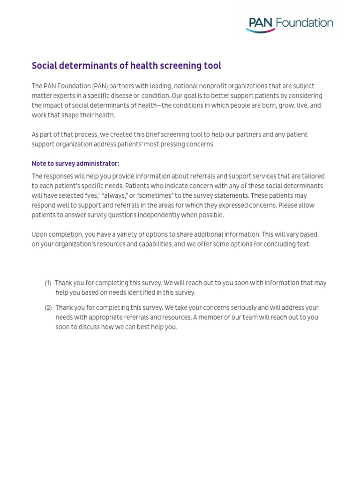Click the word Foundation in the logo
304,22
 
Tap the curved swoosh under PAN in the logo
261,30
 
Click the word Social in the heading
43,66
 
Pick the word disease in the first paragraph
118,96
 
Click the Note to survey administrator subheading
75,164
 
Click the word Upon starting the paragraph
40,234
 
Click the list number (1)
48,283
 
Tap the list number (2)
48,308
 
